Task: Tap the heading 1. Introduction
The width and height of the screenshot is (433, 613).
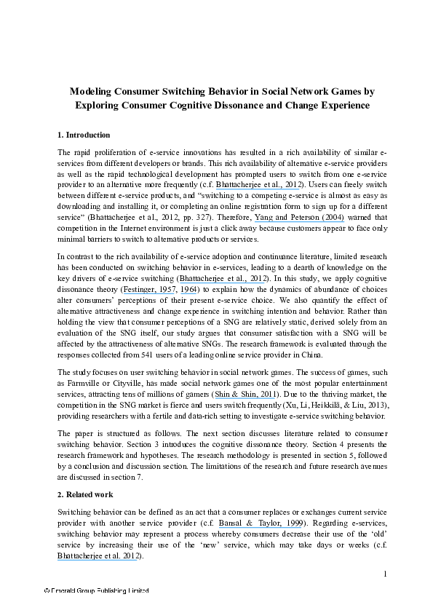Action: (84, 135)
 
